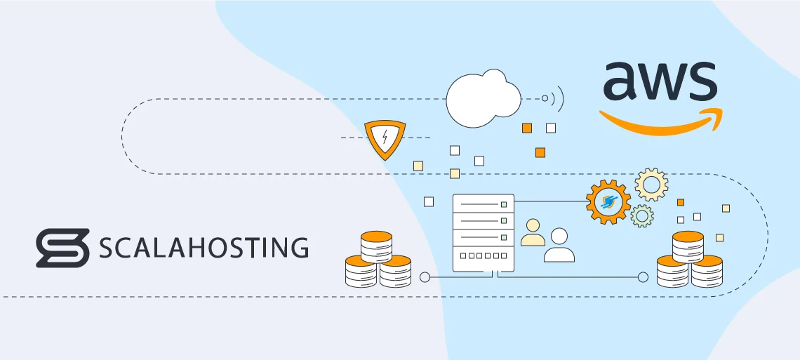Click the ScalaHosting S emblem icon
[62, 248]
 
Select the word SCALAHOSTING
[204, 248]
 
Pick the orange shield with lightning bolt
[385, 139]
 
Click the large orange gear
[608, 202]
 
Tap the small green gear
[641, 215]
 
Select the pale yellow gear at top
[651, 185]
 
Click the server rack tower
[484, 232]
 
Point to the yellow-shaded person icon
[533, 233]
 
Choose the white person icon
[559, 245]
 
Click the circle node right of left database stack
[425, 277]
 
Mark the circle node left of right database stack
[643, 277]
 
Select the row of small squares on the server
[484, 257]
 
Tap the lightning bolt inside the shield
[385, 138]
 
